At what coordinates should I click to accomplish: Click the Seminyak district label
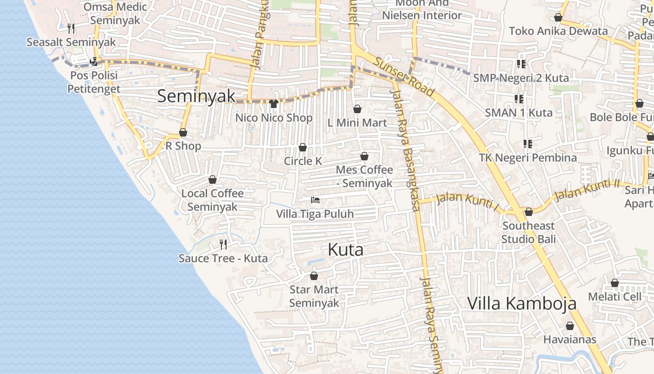(196, 96)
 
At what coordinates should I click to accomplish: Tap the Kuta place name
(346, 250)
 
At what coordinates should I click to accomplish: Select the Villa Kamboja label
(522, 303)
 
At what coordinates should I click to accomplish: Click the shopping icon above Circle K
(303, 148)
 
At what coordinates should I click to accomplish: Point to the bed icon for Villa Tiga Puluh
(315, 200)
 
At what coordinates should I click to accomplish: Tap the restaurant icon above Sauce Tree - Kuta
(223, 244)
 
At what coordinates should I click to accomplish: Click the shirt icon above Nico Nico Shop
(274, 104)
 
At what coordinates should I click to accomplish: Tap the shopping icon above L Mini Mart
(357, 109)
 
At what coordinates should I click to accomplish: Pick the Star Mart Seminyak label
(314, 296)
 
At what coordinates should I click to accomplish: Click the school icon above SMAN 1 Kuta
(519, 99)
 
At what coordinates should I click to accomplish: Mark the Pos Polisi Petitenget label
(94, 82)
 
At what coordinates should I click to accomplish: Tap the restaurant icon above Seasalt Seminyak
(71, 28)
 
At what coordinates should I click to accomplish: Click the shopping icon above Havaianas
(570, 325)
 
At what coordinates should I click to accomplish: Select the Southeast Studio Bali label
(528, 232)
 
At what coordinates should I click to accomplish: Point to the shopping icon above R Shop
(183, 132)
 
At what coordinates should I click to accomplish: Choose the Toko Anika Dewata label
(558, 31)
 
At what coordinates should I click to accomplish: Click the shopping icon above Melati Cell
(615, 283)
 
